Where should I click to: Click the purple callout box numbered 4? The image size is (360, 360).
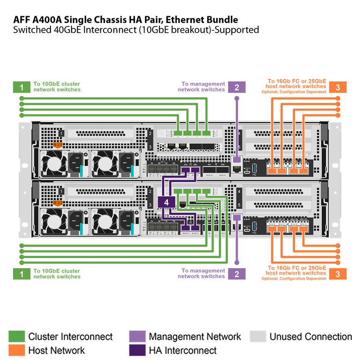click(166, 202)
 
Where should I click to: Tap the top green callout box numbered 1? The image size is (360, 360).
click(22, 87)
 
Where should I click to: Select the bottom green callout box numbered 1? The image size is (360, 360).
click(22, 274)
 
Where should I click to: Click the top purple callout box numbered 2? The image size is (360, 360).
click(237, 87)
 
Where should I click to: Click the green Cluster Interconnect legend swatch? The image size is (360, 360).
click(17, 337)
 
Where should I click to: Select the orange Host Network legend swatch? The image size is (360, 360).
click(17, 350)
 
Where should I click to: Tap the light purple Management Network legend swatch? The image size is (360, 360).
click(137, 337)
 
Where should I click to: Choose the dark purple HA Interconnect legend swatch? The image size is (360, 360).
click(137, 350)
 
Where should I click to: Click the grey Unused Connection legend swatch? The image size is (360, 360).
click(258, 337)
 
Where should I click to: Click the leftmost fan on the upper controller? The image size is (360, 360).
click(52, 162)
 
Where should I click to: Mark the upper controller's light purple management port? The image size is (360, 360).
click(237, 159)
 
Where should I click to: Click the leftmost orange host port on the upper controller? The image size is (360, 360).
click(272, 171)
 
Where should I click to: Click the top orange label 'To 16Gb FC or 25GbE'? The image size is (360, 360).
click(297, 81)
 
